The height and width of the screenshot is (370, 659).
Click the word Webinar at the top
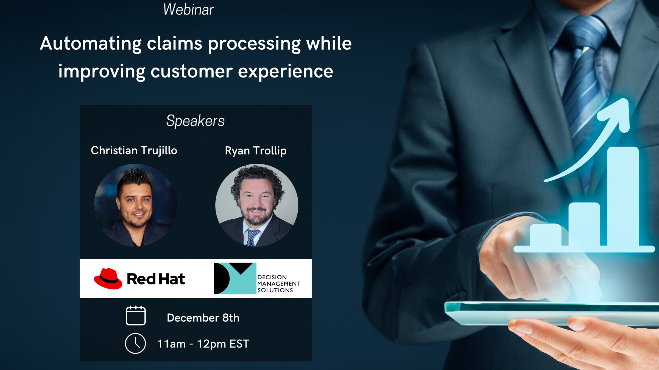click(x=188, y=10)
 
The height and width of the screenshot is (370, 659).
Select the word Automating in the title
click(x=91, y=44)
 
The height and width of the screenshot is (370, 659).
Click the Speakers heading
click(x=195, y=121)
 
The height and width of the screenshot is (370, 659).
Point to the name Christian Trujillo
click(x=134, y=151)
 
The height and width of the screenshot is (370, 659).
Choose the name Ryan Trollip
click(x=256, y=151)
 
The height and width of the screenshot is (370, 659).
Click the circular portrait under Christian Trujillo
click(x=135, y=205)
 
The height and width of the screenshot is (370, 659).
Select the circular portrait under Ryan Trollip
click(x=257, y=205)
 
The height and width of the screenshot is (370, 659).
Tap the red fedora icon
click(x=108, y=278)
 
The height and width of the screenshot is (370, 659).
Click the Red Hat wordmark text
click(x=156, y=279)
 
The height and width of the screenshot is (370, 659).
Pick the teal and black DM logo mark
click(x=235, y=278)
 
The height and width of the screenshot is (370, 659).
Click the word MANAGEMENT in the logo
click(x=279, y=284)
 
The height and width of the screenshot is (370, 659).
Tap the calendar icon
click(x=136, y=315)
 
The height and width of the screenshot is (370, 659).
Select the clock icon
click(x=135, y=343)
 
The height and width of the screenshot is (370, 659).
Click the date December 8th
click(x=203, y=318)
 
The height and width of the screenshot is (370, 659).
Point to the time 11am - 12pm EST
click(x=203, y=344)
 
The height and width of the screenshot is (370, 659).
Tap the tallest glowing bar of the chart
click(x=623, y=196)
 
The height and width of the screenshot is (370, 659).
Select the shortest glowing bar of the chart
click(x=545, y=235)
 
